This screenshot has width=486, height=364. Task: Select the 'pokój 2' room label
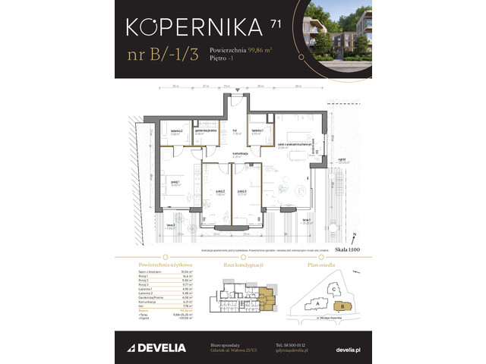tap(219, 193)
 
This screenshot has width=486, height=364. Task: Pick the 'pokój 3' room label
tap(242, 193)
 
